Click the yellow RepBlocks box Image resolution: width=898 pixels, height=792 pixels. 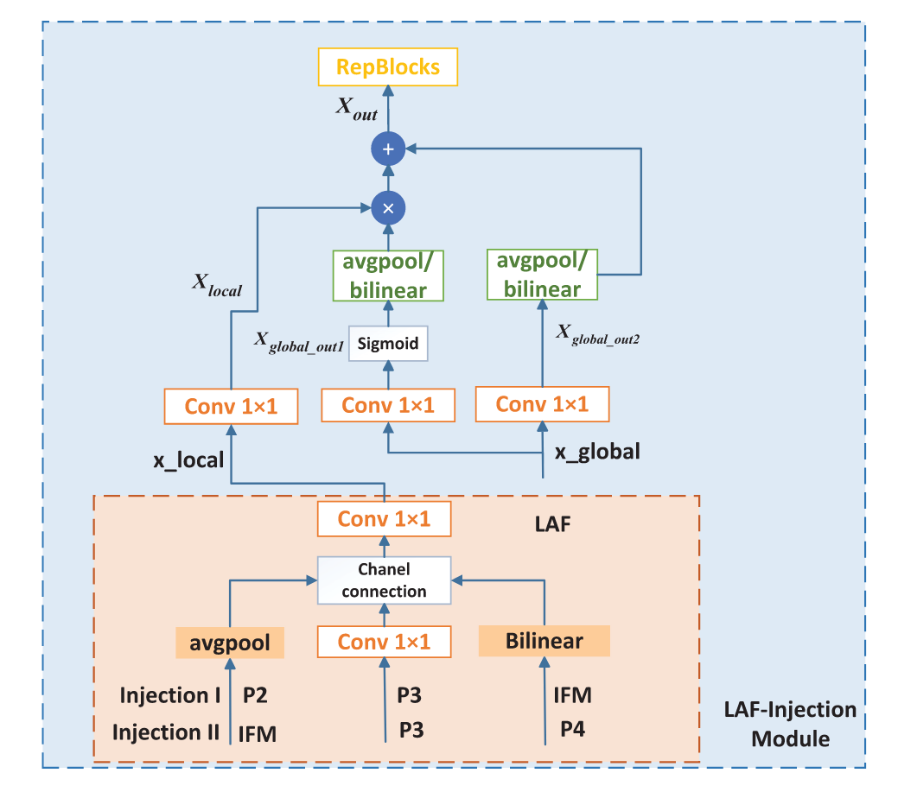(x=388, y=67)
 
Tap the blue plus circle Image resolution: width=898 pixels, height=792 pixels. (x=388, y=149)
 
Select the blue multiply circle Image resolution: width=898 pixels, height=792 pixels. (x=388, y=208)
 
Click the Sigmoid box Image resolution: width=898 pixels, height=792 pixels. (x=388, y=344)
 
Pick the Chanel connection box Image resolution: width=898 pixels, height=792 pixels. (x=385, y=580)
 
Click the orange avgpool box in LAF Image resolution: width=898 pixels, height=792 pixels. (x=230, y=643)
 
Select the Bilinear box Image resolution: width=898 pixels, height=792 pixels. (x=544, y=641)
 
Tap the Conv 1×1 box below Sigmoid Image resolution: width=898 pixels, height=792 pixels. (x=388, y=405)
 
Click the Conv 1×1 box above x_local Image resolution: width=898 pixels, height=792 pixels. (x=231, y=406)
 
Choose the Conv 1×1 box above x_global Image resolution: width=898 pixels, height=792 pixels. (x=543, y=404)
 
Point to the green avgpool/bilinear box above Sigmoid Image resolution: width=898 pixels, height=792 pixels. (x=388, y=276)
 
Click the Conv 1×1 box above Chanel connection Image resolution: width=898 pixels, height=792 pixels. (x=385, y=519)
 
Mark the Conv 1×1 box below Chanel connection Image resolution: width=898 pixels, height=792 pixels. (x=385, y=642)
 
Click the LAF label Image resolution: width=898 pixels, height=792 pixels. (x=552, y=524)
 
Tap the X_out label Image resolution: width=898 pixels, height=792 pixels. (x=356, y=108)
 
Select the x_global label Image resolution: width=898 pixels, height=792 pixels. (x=597, y=452)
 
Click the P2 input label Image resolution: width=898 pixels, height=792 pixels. (x=255, y=695)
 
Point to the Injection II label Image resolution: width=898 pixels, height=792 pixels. (x=165, y=732)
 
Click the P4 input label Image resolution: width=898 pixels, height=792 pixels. (x=572, y=729)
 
